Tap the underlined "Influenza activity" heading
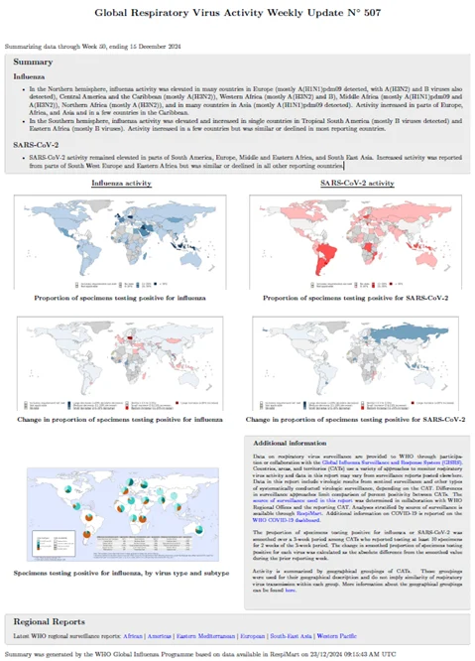(122, 185)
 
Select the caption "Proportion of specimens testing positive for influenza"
(122, 297)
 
